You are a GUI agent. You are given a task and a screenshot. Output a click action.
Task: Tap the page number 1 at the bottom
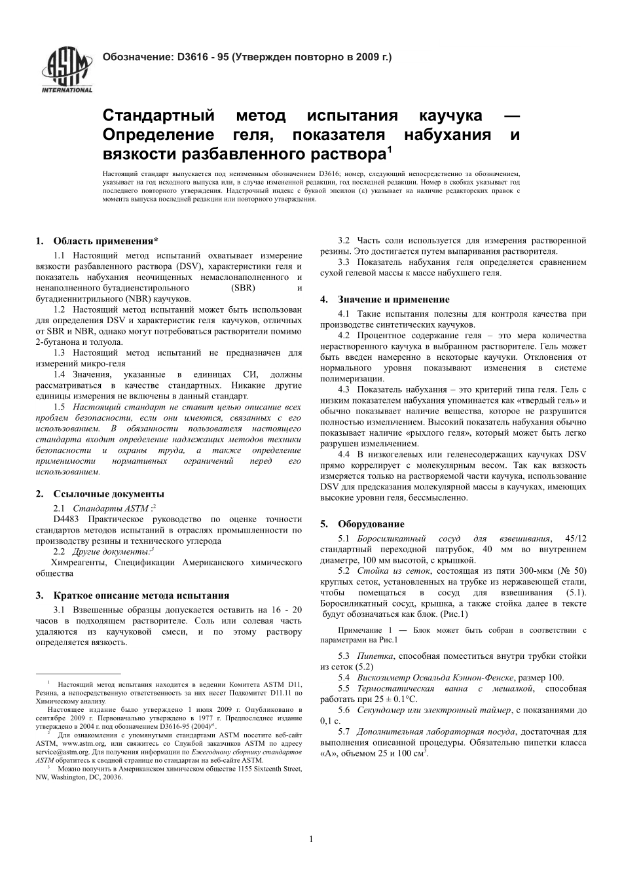point(311,839)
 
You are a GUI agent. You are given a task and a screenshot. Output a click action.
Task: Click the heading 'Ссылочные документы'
point(108,494)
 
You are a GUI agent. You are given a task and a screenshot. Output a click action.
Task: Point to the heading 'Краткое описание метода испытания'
point(141,595)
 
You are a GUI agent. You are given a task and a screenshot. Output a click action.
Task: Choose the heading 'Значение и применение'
point(393,300)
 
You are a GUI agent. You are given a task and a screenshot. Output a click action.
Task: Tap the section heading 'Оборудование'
point(371,524)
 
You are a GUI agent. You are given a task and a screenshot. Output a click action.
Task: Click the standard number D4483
point(66,519)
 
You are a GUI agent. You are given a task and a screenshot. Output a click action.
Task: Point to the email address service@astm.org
point(62,752)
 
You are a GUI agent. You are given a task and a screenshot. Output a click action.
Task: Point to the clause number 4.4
point(344,453)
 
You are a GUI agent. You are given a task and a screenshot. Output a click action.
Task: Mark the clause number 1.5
point(60,407)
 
